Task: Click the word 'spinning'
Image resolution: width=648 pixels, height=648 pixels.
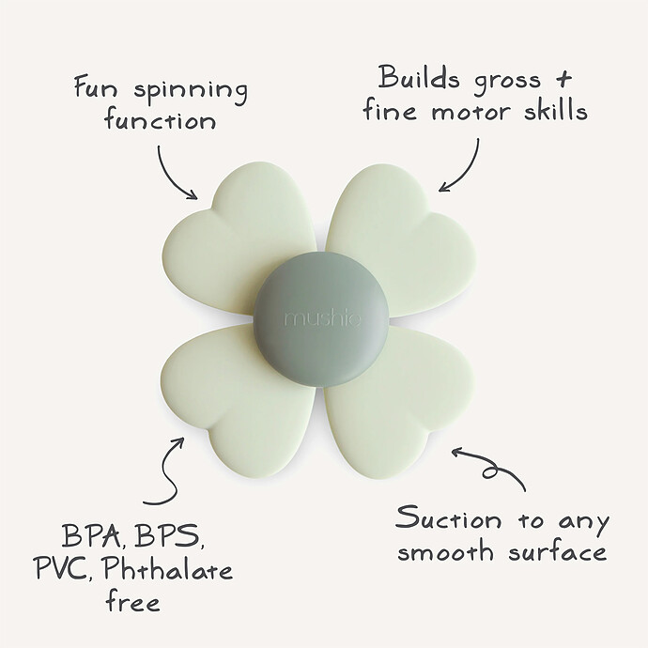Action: tap(191, 92)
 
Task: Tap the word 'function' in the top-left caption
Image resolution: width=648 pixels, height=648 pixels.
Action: tap(160, 120)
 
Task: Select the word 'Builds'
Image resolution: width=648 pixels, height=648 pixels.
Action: tap(419, 77)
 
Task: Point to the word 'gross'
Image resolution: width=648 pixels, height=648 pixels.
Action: tap(507, 81)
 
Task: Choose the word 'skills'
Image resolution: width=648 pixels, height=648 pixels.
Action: tap(556, 109)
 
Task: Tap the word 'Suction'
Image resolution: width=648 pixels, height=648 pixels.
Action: tap(448, 518)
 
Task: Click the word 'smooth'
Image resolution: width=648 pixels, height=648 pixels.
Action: tap(445, 550)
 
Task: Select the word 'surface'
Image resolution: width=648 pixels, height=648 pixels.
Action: tap(558, 550)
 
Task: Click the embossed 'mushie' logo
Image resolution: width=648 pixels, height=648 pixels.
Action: tap(321, 318)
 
